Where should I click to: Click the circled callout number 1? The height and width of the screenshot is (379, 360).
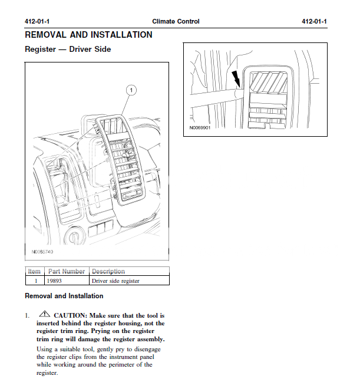(131, 90)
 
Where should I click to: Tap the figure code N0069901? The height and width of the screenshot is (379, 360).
(200, 127)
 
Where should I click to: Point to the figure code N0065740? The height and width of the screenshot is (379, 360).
(42, 252)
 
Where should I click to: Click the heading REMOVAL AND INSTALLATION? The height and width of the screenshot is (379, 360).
(88, 35)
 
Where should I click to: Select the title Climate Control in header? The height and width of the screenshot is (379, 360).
(176, 21)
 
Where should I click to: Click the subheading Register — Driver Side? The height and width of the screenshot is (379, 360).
(68, 50)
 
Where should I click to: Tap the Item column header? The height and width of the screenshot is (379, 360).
(35, 271)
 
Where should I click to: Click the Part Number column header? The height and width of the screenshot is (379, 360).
(67, 271)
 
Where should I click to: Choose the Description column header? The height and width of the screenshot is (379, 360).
(108, 271)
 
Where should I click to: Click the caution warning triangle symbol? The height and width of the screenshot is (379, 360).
(45, 315)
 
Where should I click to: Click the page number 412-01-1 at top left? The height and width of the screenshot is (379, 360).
(37, 21)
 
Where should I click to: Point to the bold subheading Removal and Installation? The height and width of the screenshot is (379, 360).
(64, 296)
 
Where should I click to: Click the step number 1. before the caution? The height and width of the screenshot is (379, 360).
(27, 315)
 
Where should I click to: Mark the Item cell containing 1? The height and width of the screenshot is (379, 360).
(35, 281)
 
